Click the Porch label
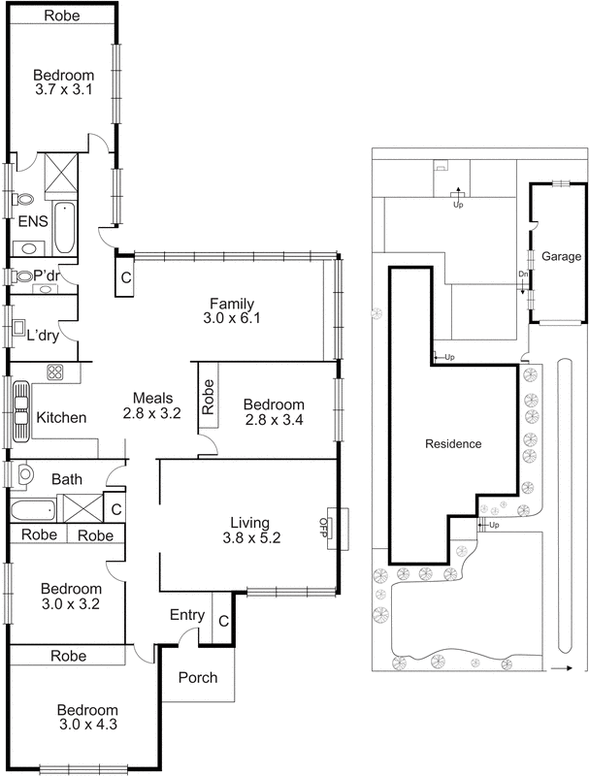click(197, 678)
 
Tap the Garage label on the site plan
click(561, 257)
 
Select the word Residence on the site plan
click(453, 444)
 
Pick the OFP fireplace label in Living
click(323, 527)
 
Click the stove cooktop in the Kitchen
click(55, 372)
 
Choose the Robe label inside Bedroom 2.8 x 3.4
click(209, 398)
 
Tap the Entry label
click(185, 615)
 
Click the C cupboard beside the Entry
click(223, 621)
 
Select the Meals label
click(152, 397)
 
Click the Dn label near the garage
click(522, 274)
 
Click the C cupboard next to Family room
click(125, 275)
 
